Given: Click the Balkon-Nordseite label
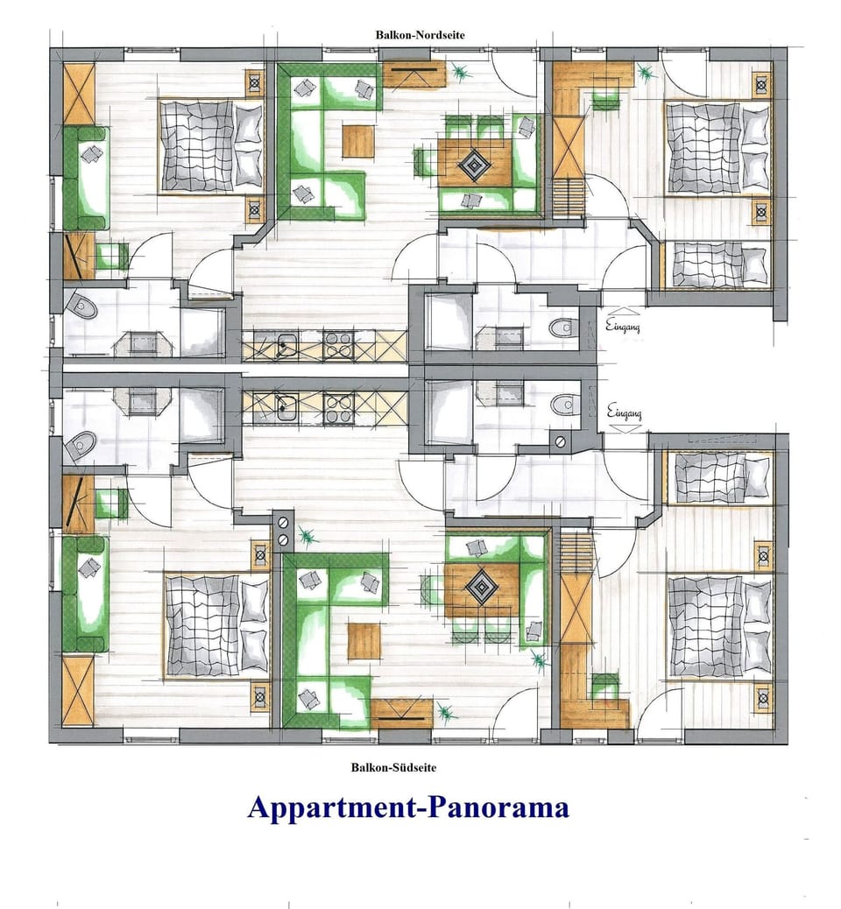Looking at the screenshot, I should pyautogui.click(x=421, y=35).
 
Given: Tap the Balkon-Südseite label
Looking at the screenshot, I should pyautogui.click(x=393, y=767).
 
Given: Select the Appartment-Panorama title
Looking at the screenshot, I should pyautogui.click(x=408, y=807).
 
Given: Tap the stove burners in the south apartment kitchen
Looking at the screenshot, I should pyautogui.click(x=337, y=405).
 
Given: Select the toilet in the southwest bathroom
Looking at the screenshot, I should pyautogui.click(x=81, y=445).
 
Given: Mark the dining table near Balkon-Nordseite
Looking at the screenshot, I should pyautogui.click(x=475, y=163).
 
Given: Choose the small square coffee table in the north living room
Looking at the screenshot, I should pyautogui.click(x=358, y=139).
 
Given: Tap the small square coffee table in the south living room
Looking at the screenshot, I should pyautogui.click(x=364, y=640).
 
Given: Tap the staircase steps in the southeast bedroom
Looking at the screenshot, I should pyautogui.click(x=577, y=553).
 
